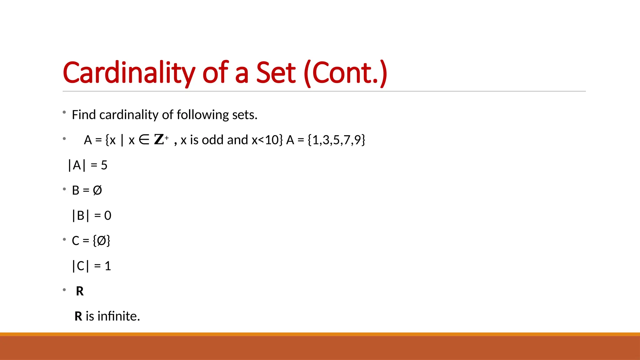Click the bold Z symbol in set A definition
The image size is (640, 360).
(x=159, y=140)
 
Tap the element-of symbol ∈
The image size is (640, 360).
(x=144, y=140)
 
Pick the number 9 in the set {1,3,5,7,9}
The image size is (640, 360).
(x=357, y=140)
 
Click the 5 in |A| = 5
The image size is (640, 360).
(x=104, y=165)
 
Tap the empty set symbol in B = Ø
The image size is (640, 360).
(x=97, y=190)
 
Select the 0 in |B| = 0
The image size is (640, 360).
(x=107, y=216)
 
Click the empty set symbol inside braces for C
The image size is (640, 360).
(x=102, y=241)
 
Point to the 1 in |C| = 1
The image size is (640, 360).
(x=108, y=266)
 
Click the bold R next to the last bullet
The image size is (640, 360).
(x=80, y=291)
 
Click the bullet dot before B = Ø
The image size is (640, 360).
(x=64, y=189)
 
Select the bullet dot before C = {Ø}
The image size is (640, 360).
(x=64, y=239)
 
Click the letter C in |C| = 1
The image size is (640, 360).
(x=81, y=266)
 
